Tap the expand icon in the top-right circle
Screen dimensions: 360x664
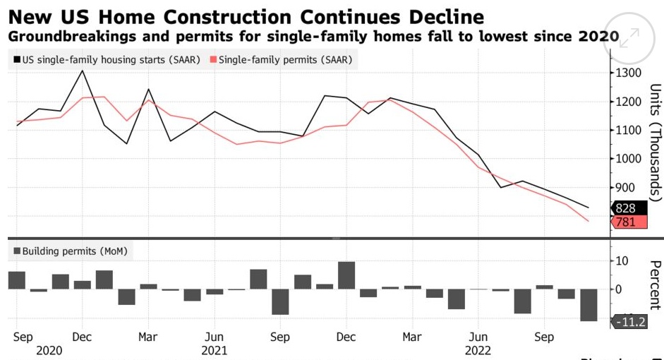click(x=629, y=38)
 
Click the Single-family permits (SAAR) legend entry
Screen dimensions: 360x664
click(x=280, y=60)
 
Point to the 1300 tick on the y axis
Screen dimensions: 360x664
click(x=629, y=73)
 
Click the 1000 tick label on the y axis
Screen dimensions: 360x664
click(x=629, y=159)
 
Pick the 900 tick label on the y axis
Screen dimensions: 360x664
click(x=625, y=188)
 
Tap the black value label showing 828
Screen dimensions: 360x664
click(x=625, y=208)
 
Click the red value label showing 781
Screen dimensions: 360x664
click(x=625, y=222)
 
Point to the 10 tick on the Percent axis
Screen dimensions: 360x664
click(x=622, y=261)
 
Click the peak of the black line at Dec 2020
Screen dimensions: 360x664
click(x=83, y=71)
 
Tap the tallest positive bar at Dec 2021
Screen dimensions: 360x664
click(x=346, y=275)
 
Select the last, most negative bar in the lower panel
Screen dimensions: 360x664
click(x=588, y=305)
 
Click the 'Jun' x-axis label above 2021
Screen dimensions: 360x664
click(x=214, y=337)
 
